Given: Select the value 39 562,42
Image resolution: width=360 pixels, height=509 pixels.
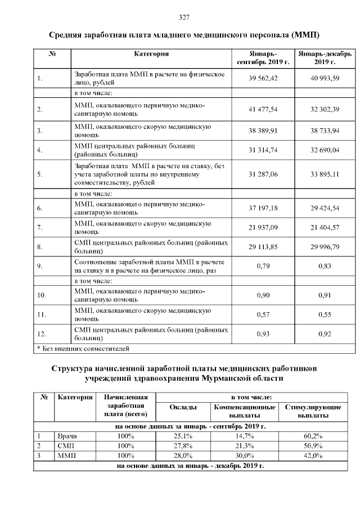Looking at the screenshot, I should point(263,78).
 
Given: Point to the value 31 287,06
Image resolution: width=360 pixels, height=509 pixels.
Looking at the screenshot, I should point(263,174).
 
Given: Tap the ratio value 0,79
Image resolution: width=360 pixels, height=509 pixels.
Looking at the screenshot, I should point(263,266).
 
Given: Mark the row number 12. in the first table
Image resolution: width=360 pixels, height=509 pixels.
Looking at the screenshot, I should point(41,335).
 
